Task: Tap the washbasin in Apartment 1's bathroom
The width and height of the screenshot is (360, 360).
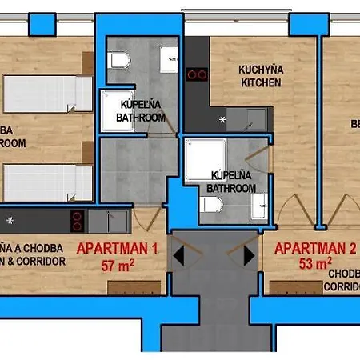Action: click(170, 58)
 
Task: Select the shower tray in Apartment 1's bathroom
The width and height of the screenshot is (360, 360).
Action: click(120, 110)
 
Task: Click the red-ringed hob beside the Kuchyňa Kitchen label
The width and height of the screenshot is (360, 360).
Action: click(197, 74)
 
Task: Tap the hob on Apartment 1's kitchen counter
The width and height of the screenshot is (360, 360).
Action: click(77, 219)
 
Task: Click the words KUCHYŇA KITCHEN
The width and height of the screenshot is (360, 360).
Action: click(261, 76)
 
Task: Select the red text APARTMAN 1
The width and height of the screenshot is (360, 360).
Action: click(117, 249)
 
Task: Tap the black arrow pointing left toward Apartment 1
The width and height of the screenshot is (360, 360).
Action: click(180, 254)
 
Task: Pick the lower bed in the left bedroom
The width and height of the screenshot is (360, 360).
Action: click(48, 182)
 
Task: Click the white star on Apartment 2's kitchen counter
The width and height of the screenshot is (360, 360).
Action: click(223, 120)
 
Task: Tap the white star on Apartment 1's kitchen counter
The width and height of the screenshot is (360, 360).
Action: click(10, 219)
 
